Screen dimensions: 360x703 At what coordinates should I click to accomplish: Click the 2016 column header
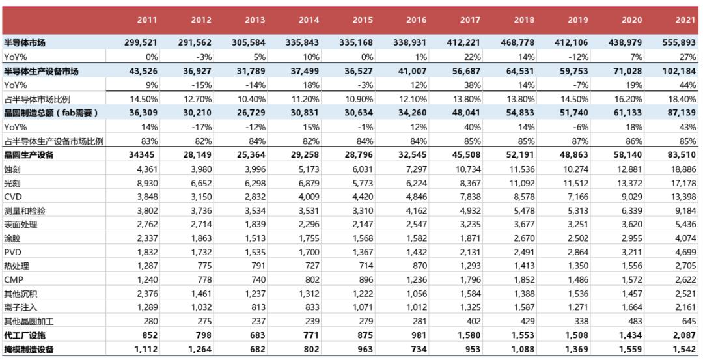tap(416, 20)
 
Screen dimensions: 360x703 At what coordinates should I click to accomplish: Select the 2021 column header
tap(685, 20)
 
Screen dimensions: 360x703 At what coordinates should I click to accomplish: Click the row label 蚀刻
tap(12, 169)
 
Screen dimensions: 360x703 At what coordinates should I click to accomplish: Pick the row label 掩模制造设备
tap(28, 350)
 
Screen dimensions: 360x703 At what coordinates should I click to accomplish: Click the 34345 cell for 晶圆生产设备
tap(144, 155)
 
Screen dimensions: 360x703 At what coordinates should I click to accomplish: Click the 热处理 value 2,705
tap(685, 266)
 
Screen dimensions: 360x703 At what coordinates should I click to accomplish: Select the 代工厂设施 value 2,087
tap(685, 335)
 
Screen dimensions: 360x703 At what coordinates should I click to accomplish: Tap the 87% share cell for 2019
tap(580, 141)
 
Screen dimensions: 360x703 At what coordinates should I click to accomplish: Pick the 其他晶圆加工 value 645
tap(688, 322)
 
